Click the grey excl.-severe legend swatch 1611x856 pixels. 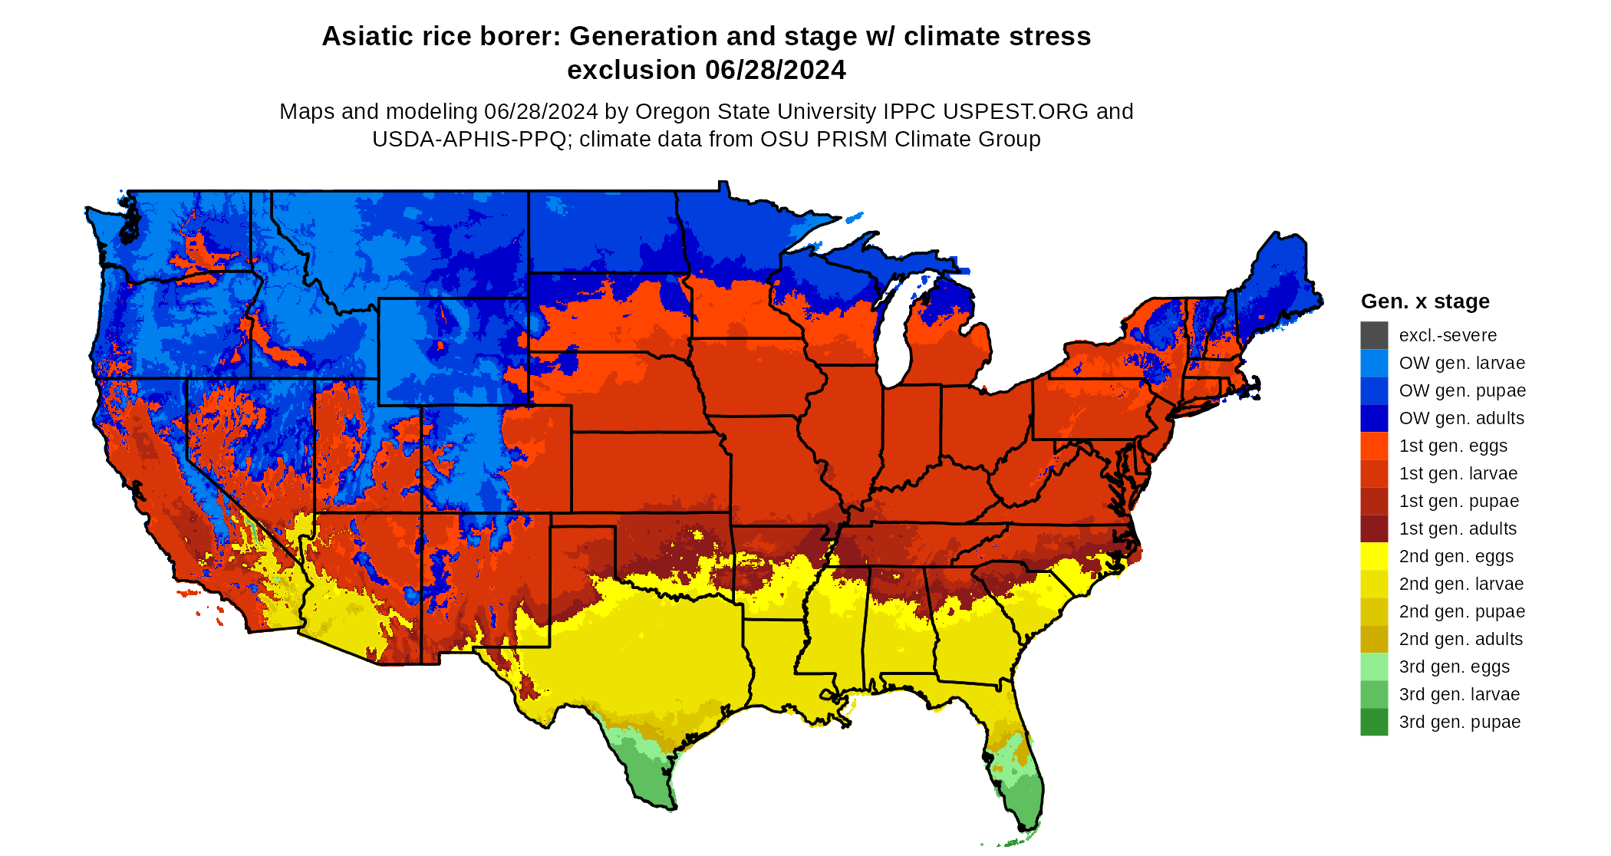point(1374,335)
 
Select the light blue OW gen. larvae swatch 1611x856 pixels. point(1374,363)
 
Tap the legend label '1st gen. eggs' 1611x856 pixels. point(1453,446)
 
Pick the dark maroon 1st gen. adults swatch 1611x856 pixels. point(1374,528)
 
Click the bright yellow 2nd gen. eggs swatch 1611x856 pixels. point(1374,556)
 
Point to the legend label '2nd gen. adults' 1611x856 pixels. point(1461,639)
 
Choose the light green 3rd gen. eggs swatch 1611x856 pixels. point(1374,667)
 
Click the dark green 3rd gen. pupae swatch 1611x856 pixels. point(1374,722)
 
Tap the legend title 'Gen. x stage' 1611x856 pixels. point(1425,301)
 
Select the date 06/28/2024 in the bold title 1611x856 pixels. point(775,70)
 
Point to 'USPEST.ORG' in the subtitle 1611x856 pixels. point(1016,111)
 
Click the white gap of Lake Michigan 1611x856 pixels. point(892,337)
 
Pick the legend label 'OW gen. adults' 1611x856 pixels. point(1461,418)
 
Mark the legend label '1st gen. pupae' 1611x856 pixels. point(1458,501)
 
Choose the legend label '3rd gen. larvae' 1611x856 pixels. point(1459,694)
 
